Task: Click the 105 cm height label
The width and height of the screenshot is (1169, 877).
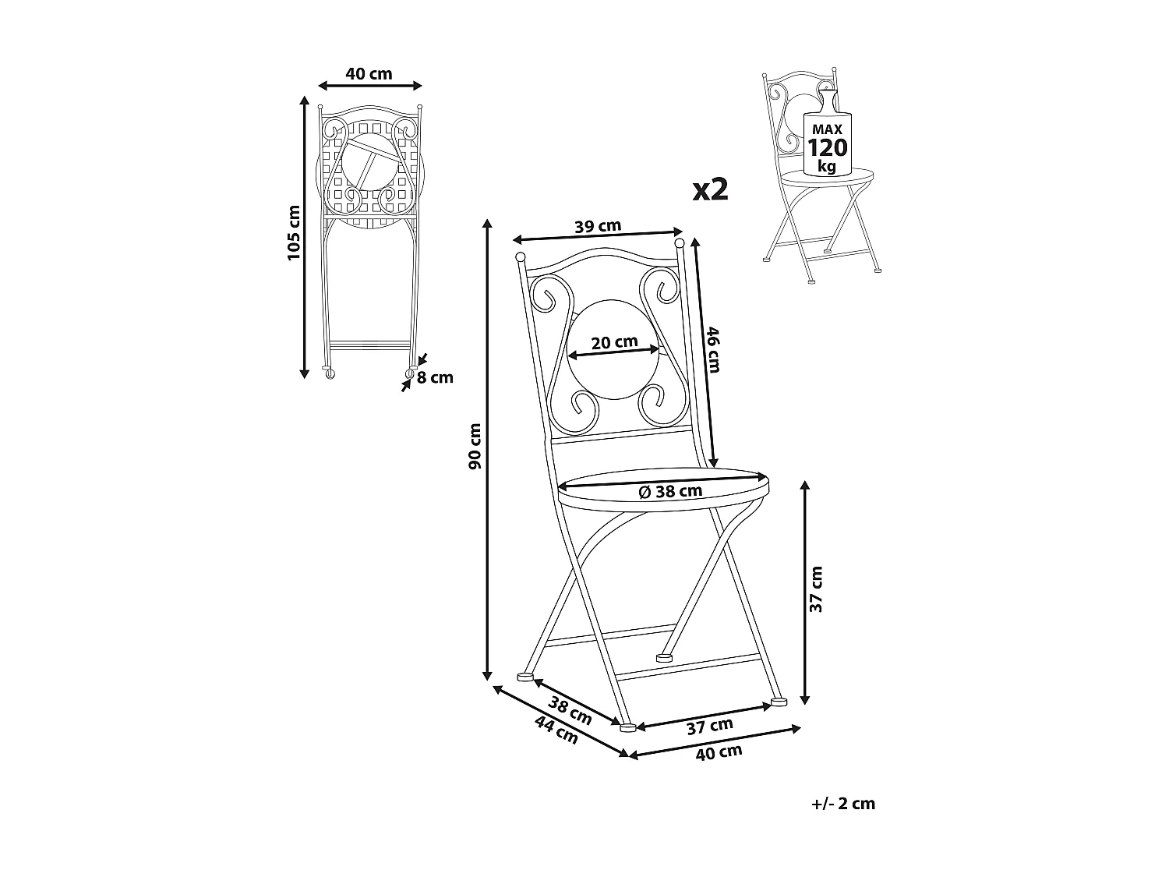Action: [293, 232]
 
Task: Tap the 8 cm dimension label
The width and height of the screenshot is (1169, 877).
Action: [435, 378]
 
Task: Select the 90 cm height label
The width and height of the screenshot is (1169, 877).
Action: [475, 446]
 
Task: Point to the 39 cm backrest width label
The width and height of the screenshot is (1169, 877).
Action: [598, 227]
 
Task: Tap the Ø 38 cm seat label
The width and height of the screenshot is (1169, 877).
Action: [670, 491]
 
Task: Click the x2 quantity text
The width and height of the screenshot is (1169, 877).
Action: [710, 189]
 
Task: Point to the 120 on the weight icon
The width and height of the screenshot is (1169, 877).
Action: [828, 148]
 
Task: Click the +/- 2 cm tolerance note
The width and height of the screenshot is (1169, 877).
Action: [843, 804]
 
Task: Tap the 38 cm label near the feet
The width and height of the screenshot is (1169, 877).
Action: [570, 710]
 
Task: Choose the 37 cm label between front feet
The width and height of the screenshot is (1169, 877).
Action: [709, 725]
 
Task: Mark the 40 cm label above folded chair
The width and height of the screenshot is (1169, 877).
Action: [369, 74]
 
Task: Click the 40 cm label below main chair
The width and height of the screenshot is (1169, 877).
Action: [719, 752]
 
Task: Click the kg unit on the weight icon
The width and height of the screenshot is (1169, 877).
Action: [828, 166]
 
